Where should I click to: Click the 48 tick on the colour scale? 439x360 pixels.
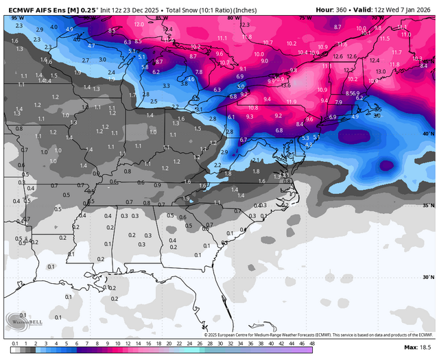coord(311,343)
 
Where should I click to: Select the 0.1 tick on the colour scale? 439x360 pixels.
coord(14,343)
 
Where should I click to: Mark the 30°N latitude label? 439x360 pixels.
coord(427,277)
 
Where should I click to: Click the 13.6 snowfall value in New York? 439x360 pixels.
coord(286,85)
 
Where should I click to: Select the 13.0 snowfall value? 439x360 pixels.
coord(380,71)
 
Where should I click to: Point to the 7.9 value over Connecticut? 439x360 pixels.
coord(338,102)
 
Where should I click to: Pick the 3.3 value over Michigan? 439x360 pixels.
coord(167,86)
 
